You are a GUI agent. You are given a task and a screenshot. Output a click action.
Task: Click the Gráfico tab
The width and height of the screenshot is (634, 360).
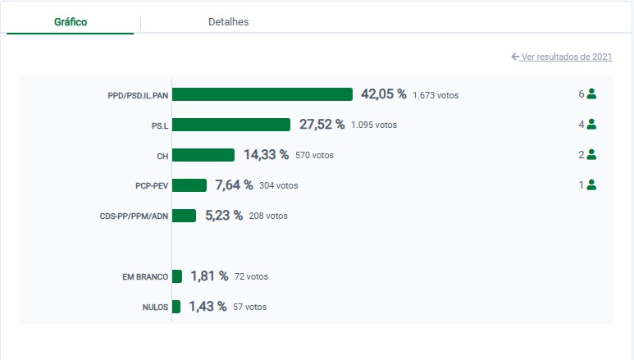[x=71, y=22]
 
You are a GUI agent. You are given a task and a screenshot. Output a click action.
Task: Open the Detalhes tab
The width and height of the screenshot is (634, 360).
[x=228, y=22]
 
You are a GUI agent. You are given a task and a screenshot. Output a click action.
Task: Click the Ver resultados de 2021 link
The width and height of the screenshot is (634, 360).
[x=562, y=57]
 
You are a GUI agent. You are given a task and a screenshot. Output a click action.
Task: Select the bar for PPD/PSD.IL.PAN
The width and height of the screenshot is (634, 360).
[x=262, y=94]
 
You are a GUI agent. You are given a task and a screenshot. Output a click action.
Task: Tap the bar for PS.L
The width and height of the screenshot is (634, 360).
[x=231, y=125]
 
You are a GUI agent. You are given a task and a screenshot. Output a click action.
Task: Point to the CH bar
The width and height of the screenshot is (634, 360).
[x=203, y=155]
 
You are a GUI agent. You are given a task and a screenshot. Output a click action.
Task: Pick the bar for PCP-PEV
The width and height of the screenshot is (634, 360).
[x=189, y=185]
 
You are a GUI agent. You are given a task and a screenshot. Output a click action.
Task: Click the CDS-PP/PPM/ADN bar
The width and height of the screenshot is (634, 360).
[x=185, y=216]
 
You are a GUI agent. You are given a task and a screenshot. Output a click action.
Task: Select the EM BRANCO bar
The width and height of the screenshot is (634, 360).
[x=177, y=276]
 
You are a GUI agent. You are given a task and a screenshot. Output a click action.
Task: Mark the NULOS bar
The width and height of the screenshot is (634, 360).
[x=176, y=307]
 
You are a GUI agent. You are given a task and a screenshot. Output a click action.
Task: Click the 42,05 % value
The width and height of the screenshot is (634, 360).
[x=384, y=94]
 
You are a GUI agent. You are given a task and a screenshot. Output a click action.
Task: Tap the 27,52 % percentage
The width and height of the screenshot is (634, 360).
[x=322, y=125]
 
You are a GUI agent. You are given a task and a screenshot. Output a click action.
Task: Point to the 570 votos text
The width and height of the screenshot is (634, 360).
[x=314, y=155]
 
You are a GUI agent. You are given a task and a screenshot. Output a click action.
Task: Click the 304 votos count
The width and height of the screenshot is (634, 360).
[x=278, y=186]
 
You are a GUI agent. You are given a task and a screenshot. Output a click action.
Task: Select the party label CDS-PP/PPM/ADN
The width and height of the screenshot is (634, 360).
[x=134, y=216]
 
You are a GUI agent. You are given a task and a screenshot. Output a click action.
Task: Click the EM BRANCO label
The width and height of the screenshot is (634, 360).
[x=145, y=277]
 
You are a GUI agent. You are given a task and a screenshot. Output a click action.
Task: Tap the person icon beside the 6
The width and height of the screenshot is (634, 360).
[x=591, y=94]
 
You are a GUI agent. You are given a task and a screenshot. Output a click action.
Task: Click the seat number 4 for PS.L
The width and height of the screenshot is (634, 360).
[x=581, y=125]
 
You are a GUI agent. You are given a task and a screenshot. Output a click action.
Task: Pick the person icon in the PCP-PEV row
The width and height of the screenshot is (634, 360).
[x=591, y=185]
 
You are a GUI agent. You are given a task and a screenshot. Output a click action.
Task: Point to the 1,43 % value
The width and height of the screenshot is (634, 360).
[x=208, y=307]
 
